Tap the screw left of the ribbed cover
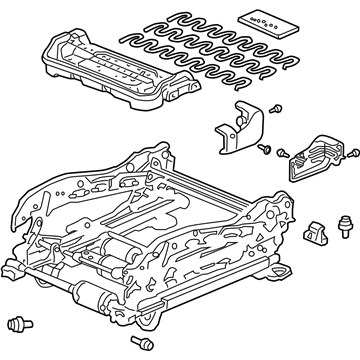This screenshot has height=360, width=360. (x=282, y=153)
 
